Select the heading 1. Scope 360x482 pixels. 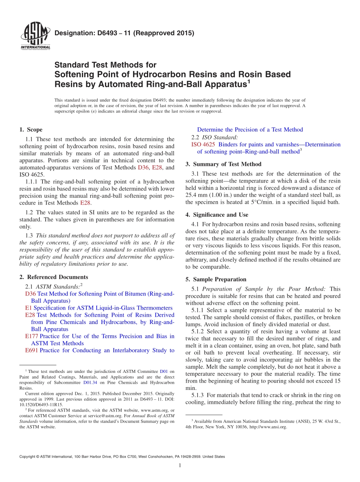(31, 130)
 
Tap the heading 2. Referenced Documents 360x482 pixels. (54, 277)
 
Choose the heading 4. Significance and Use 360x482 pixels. (217, 215)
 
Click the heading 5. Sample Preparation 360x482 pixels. (216, 279)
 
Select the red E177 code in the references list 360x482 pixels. (31, 336)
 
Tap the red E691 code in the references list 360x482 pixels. (31, 350)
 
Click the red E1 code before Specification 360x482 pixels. (28, 308)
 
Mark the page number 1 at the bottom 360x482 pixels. (180, 465)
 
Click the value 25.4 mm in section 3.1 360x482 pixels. (197, 195)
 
